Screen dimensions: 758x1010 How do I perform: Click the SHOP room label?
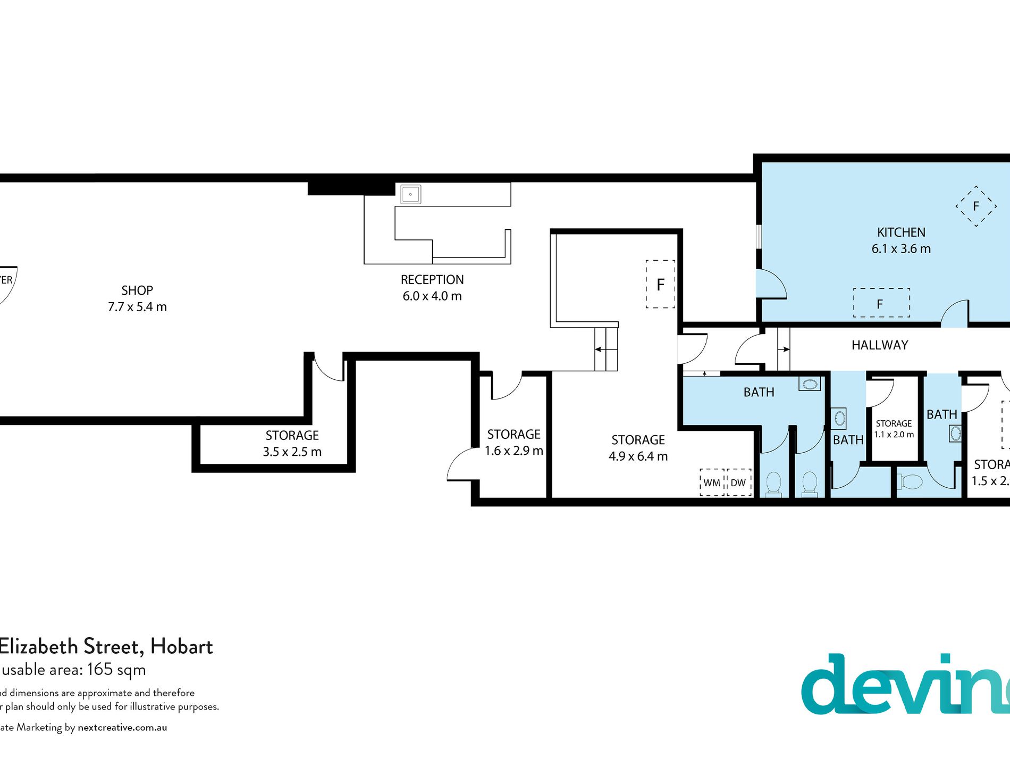(137, 290)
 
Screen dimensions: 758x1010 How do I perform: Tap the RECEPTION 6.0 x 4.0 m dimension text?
(432, 296)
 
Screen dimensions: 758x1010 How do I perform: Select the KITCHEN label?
(901, 232)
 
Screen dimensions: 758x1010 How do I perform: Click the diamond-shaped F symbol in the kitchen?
(976, 206)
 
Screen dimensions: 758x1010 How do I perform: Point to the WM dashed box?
(712, 482)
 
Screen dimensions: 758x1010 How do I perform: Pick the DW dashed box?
(738, 482)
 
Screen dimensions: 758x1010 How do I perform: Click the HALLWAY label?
(880, 345)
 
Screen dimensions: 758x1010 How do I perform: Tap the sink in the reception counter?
(410, 195)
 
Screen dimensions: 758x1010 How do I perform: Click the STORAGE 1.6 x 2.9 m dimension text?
(514, 451)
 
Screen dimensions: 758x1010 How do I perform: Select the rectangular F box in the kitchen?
(881, 303)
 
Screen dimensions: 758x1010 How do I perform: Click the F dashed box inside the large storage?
(660, 285)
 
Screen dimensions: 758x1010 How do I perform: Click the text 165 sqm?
(116, 669)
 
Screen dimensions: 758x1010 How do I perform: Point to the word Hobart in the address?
(181, 646)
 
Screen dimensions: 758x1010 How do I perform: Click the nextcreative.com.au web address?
(122, 727)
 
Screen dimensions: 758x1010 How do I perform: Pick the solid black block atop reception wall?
(351, 188)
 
